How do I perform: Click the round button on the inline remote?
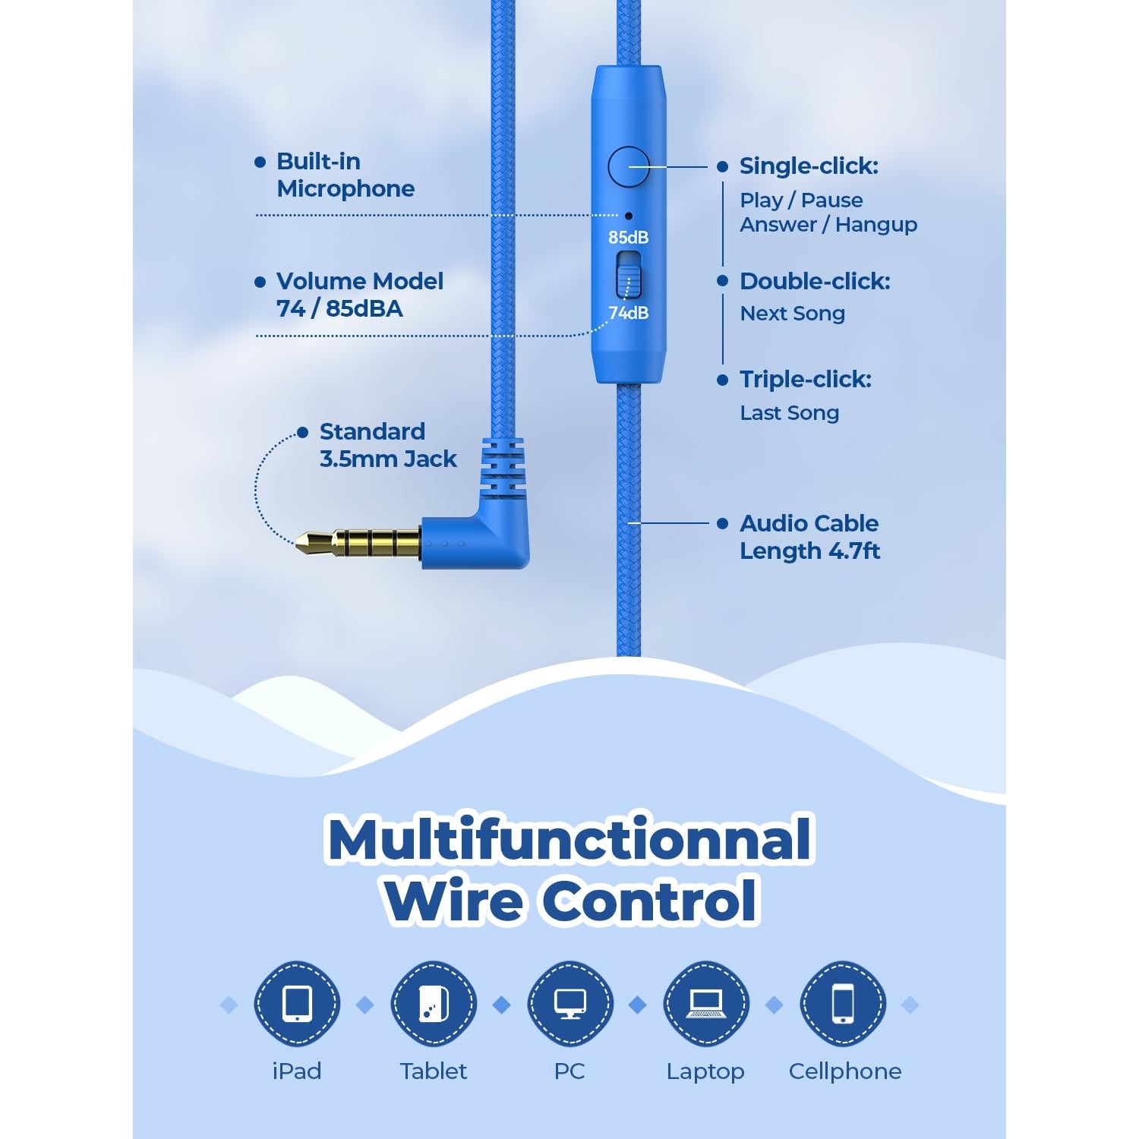[x=629, y=167]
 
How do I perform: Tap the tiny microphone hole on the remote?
[x=628, y=216]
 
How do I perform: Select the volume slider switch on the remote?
[x=628, y=275]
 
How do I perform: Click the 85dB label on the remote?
[x=628, y=238]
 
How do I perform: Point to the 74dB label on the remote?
[x=628, y=313]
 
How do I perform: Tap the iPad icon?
[x=297, y=1005]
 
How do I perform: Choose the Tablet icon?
[x=434, y=1005]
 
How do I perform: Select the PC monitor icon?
[x=569, y=1005]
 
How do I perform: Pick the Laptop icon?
[x=705, y=1005]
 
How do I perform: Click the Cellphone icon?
[x=843, y=1005]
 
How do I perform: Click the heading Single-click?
[x=809, y=166]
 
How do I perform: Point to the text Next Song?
[x=792, y=314]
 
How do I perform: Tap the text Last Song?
[x=790, y=413]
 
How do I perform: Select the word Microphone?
[x=345, y=189]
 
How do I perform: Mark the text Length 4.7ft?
[x=810, y=551]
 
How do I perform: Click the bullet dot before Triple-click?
[x=722, y=380]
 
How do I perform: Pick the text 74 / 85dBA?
[x=339, y=309]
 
